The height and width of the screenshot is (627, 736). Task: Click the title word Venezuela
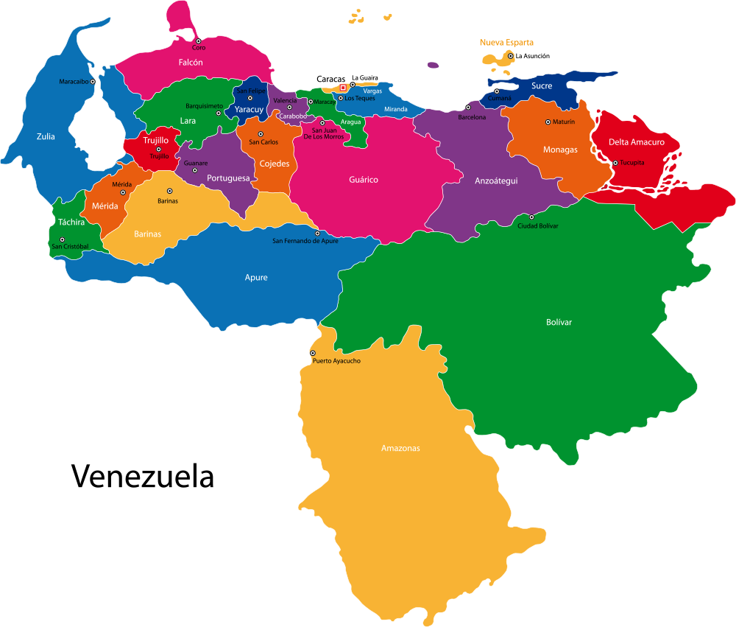pyautogui.click(x=143, y=476)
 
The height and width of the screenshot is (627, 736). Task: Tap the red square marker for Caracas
pyautogui.click(x=343, y=88)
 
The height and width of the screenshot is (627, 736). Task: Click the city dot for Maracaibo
pyautogui.click(x=93, y=82)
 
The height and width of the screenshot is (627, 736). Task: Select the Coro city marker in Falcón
pyautogui.click(x=198, y=41)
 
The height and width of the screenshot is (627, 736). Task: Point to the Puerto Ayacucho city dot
pyautogui.click(x=313, y=353)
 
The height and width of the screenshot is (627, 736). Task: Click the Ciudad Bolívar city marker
pyautogui.click(x=531, y=217)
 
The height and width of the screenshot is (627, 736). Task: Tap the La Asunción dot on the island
pyautogui.click(x=510, y=55)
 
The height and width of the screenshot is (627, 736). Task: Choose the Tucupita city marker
pyautogui.click(x=615, y=163)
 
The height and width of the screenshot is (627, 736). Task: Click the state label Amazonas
pyautogui.click(x=400, y=448)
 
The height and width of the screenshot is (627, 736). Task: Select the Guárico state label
pyautogui.click(x=364, y=180)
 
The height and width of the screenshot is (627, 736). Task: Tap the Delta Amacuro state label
pyautogui.click(x=636, y=142)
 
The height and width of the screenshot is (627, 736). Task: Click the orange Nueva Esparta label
pyautogui.click(x=506, y=43)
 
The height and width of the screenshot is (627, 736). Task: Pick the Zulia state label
pyautogui.click(x=46, y=136)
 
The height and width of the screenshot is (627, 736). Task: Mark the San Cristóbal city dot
pyautogui.click(x=63, y=239)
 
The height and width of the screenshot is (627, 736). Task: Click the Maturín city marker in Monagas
pyautogui.click(x=548, y=122)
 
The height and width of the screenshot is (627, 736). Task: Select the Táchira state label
pyautogui.click(x=71, y=222)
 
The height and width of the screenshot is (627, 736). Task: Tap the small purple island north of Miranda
pyautogui.click(x=433, y=65)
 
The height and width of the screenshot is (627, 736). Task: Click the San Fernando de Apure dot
pyautogui.click(x=317, y=234)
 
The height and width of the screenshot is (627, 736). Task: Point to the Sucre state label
pyautogui.click(x=542, y=86)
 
